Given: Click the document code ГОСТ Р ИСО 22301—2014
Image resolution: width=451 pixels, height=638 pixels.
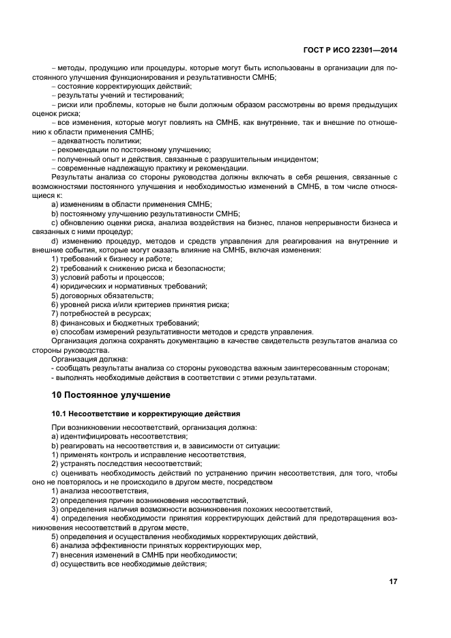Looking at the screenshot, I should coord(351,49).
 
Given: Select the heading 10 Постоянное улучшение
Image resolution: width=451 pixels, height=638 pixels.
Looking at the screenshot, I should coord(120,394).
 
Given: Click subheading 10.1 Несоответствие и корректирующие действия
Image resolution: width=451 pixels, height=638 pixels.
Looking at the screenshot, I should coord(145,414).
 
